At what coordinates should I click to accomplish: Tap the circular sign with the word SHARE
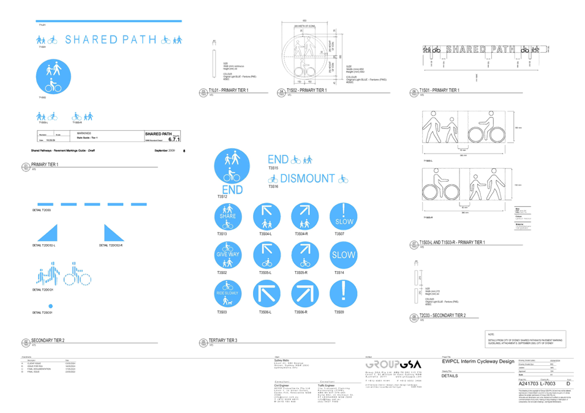coord(228,217)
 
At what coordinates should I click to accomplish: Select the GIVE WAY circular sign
coord(228,256)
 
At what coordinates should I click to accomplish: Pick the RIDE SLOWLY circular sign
coord(228,294)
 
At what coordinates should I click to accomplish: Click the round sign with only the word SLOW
coord(344,256)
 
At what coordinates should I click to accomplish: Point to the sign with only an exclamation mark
coord(344,294)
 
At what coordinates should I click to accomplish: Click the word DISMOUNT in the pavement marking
coord(308,179)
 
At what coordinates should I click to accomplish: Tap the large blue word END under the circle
coord(232,190)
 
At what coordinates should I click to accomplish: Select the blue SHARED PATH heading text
coord(109,40)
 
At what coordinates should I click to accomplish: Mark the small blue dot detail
coord(51,306)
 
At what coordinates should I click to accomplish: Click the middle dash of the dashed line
coord(92,204)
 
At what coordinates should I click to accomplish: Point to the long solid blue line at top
coord(108,21)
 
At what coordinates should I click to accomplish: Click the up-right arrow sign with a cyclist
coord(305,256)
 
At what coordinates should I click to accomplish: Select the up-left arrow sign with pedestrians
coord(266,217)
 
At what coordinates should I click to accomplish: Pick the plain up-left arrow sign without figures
coord(266,294)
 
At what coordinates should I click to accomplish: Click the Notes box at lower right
coord(526,338)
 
